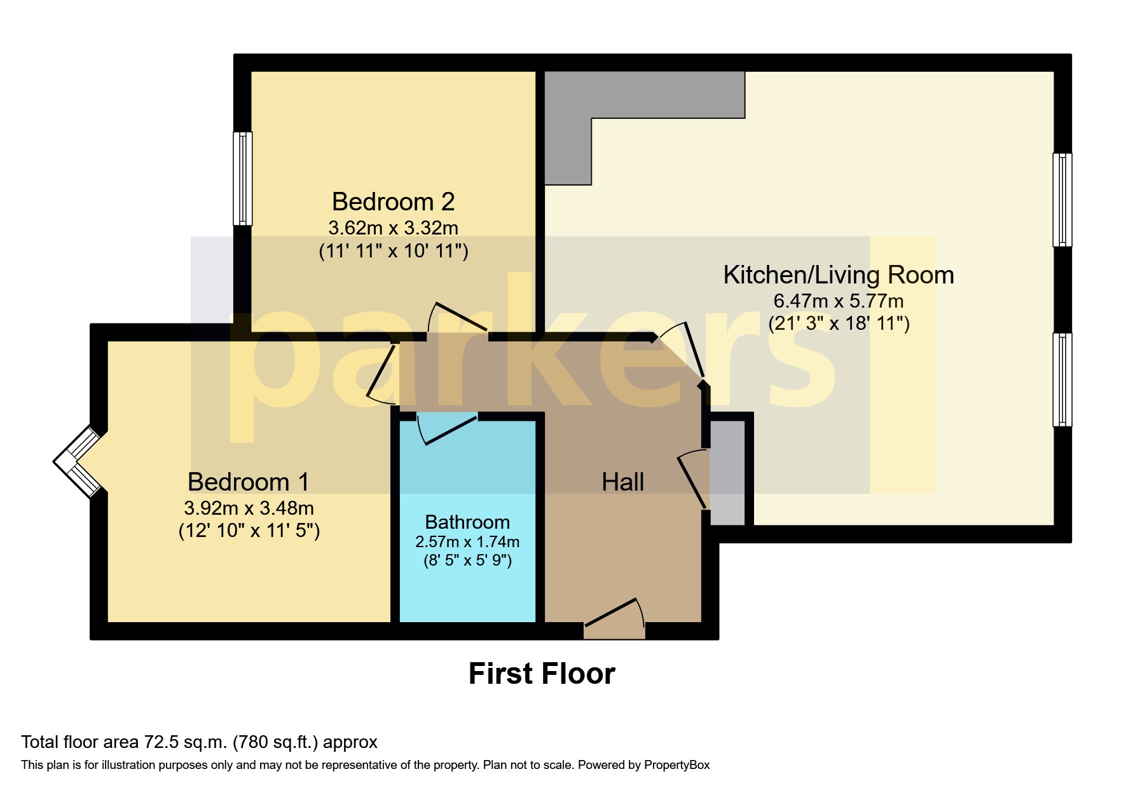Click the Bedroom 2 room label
tap(393, 202)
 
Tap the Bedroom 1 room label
tap(249, 482)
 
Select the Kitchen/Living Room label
tap(838, 275)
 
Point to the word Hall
tap(622, 482)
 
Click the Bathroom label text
tap(467, 522)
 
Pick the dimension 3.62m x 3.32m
tap(393, 228)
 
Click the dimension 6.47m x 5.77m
tap(838, 301)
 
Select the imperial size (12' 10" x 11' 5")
tap(249, 531)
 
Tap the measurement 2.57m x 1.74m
tap(467, 542)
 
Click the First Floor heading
tap(542, 674)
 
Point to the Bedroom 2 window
tap(243, 179)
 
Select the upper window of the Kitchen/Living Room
tap(1062, 200)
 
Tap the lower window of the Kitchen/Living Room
tap(1062, 379)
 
